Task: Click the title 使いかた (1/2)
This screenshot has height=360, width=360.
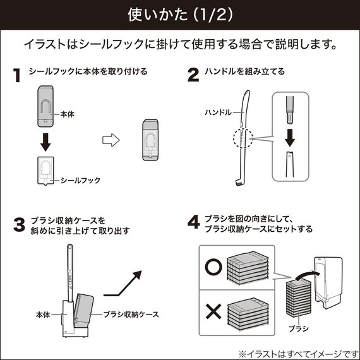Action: point(179,14)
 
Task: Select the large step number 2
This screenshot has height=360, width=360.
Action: point(194,75)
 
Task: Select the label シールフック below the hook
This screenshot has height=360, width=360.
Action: point(80,180)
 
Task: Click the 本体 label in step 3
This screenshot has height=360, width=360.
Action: point(43,314)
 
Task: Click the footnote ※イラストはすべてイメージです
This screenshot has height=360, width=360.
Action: point(297,352)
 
